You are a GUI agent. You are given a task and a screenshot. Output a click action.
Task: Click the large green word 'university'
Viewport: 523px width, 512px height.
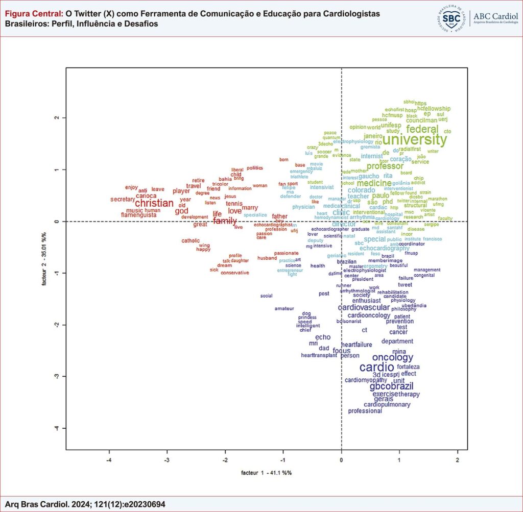(x=414, y=139)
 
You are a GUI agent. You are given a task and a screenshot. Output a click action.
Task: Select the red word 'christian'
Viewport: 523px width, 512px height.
(x=154, y=203)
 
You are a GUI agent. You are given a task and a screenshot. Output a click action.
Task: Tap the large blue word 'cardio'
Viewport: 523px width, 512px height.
(x=377, y=367)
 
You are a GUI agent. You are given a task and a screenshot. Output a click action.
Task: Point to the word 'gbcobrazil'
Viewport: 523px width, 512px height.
(x=391, y=386)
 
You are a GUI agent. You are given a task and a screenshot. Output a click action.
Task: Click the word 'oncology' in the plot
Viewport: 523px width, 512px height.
(x=392, y=357)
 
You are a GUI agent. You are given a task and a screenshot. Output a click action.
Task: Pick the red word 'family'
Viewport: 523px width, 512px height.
(x=225, y=221)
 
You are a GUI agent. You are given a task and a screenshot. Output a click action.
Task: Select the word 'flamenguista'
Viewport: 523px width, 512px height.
(x=139, y=215)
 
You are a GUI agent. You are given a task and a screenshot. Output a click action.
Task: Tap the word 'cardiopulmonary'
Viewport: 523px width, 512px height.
(x=387, y=405)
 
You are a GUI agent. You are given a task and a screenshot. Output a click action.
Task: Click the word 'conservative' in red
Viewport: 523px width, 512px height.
(x=235, y=273)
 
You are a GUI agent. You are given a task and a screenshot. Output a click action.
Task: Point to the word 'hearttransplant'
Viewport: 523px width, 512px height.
(x=319, y=355)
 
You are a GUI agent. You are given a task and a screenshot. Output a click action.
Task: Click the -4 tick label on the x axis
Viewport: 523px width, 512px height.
(x=109, y=460)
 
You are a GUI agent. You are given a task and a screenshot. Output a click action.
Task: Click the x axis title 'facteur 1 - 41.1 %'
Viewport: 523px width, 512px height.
(x=266, y=473)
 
